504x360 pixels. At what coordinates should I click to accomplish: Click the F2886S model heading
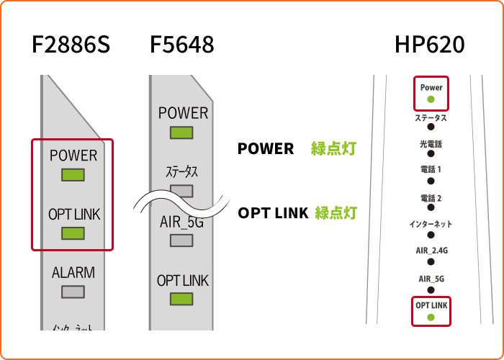(71, 45)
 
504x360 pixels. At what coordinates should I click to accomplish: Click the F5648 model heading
(181, 45)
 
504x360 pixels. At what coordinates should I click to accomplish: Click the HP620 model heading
(429, 45)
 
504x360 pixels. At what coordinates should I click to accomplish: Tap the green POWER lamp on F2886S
(73, 175)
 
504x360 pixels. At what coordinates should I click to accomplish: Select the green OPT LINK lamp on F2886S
(73, 233)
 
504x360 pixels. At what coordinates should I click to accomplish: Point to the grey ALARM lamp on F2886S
(73, 292)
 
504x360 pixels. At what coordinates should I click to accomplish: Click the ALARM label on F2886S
(73, 273)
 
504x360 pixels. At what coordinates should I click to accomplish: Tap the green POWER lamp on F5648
(181, 132)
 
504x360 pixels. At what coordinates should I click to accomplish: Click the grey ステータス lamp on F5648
(181, 191)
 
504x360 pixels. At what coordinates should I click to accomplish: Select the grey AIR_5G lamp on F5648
(181, 240)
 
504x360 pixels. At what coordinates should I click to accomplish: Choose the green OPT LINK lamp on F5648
(181, 299)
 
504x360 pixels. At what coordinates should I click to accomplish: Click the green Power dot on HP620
(431, 99)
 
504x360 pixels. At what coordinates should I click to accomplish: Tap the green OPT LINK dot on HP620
(431, 317)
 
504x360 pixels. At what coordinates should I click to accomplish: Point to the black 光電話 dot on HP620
(431, 154)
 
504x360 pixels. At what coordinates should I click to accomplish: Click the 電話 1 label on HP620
(431, 170)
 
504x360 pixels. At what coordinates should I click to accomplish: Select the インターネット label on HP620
(431, 224)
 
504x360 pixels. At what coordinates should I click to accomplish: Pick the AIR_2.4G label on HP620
(431, 251)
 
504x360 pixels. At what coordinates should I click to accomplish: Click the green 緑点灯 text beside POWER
(334, 149)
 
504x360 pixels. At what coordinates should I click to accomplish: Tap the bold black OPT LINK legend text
(273, 212)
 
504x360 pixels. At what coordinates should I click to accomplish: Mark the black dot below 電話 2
(431, 209)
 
